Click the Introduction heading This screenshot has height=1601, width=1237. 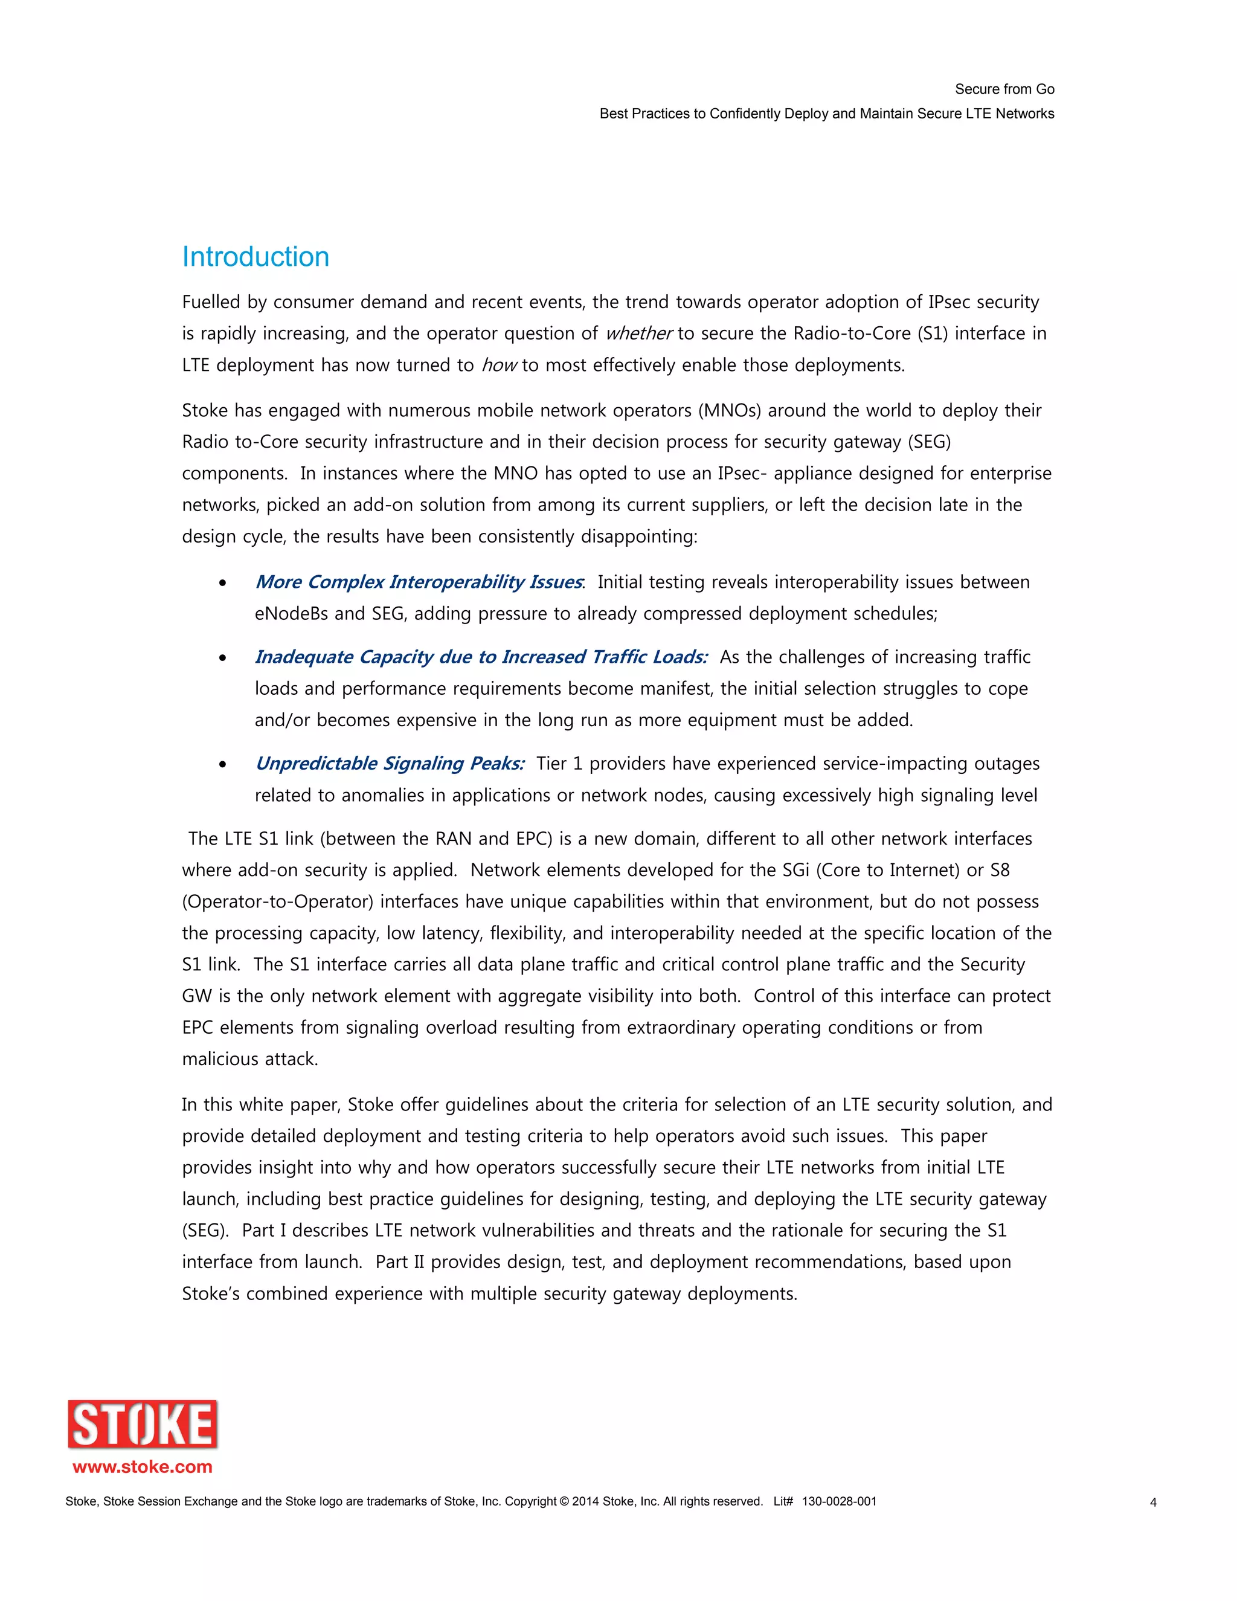pyautogui.click(x=255, y=257)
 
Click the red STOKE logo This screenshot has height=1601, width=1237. pyautogui.click(x=143, y=1425)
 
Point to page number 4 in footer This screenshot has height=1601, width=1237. pyautogui.click(x=1152, y=1502)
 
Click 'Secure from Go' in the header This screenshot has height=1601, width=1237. pyautogui.click(x=1004, y=89)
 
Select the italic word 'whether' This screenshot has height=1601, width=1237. pyautogui.click(x=638, y=333)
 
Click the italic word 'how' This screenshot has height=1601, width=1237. pyautogui.click(x=499, y=365)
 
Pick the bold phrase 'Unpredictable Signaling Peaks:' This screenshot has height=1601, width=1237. pyautogui.click(x=389, y=764)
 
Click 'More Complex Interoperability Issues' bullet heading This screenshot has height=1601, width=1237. pyautogui.click(x=419, y=582)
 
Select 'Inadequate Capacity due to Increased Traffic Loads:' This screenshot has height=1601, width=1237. pyautogui.click(x=481, y=657)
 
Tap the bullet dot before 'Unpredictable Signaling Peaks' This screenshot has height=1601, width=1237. pyautogui.click(x=223, y=765)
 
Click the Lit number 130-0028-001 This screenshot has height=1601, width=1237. pyautogui.click(x=838, y=1501)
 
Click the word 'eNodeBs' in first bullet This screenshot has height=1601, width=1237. pyautogui.click(x=291, y=614)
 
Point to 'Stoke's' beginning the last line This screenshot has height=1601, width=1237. pyautogui.click(x=210, y=1294)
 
